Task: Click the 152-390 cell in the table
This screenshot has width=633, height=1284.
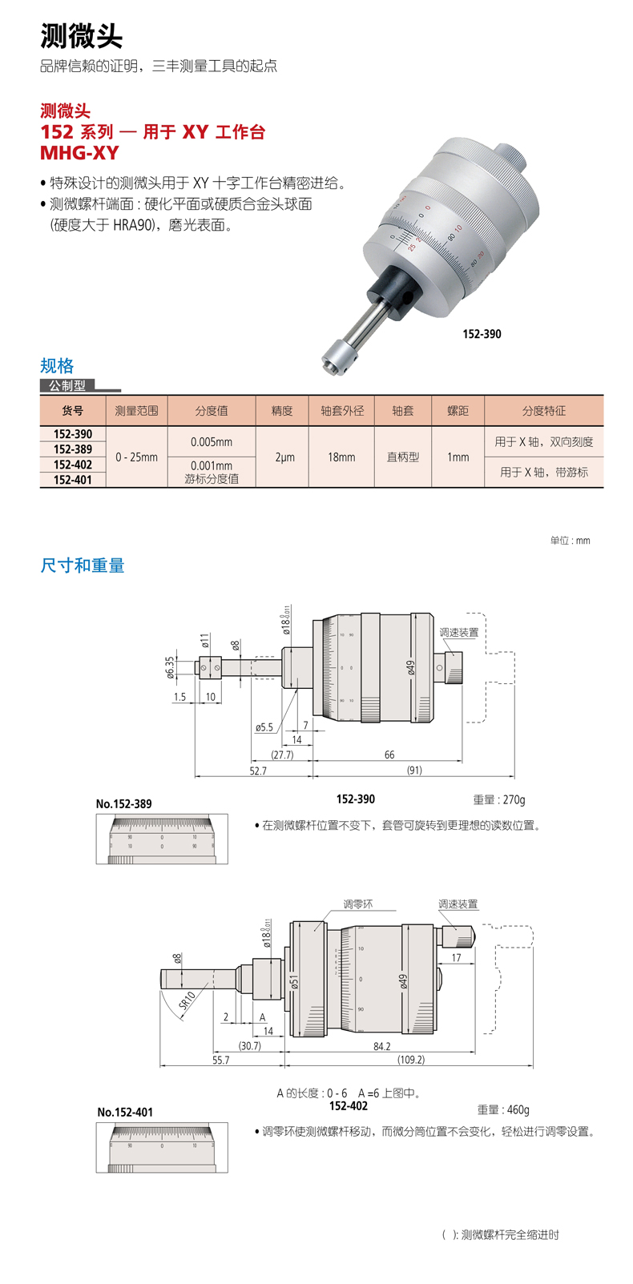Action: click(73, 434)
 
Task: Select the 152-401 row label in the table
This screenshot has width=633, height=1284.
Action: click(73, 480)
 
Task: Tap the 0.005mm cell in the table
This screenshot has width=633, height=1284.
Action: click(212, 441)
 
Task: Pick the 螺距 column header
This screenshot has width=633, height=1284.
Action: click(458, 410)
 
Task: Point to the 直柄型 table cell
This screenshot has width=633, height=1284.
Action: click(402, 457)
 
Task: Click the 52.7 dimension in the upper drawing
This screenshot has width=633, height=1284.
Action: click(258, 771)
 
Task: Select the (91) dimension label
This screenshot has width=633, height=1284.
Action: click(413, 771)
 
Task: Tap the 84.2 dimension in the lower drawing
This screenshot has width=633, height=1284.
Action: click(381, 1046)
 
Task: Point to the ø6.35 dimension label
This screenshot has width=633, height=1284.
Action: click(171, 667)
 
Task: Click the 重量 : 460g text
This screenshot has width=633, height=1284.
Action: click(503, 1109)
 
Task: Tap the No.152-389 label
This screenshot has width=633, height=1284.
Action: click(123, 803)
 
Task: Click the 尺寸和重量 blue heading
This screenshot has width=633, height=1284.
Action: click(83, 566)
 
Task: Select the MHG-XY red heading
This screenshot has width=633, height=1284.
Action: click(79, 152)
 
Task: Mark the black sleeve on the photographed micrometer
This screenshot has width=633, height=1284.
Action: click(392, 289)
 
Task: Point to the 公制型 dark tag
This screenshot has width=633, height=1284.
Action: click(67, 385)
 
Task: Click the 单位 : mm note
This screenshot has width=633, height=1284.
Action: click(570, 541)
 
